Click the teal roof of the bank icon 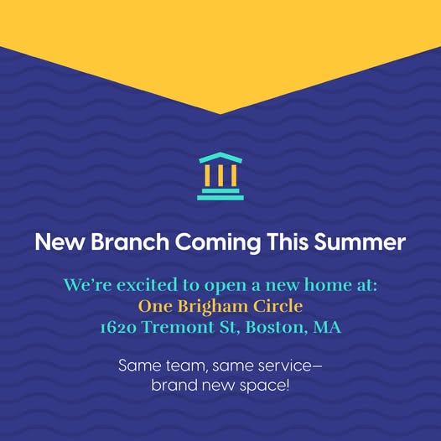click(x=220, y=158)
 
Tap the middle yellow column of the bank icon click(x=220, y=175)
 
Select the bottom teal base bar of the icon click(x=220, y=198)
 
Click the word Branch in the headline click(x=130, y=241)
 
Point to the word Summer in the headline click(x=360, y=241)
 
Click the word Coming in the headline click(x=218, y=243)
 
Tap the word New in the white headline click(x=60, y=241)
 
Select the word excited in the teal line click(x=147, y=284)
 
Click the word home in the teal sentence click(x=328, y=284)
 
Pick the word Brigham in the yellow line click(x=213, y=307)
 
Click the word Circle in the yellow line click(x=278, y=306)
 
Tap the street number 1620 click(x=119, y=328)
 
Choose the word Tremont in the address click(x=178, y=327)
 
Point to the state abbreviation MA click(x=327, y=327)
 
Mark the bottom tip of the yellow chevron click(x=220, y=114)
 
